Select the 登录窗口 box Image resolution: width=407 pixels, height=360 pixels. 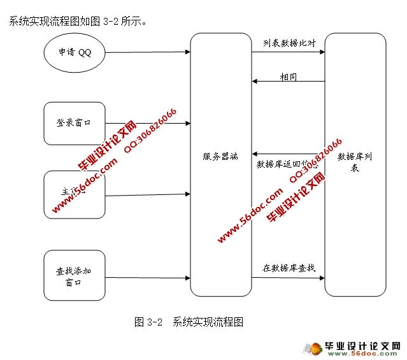pos(74,123)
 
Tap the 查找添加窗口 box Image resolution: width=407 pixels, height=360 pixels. pos(74,276)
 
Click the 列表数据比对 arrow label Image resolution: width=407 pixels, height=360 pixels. pos(289,43)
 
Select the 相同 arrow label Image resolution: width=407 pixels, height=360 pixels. pos(289,76)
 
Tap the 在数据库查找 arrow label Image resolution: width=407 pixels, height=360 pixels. pos(289,268)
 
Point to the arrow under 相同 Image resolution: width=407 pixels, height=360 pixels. pos(289,82)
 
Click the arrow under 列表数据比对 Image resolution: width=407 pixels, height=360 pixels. pos(289,52)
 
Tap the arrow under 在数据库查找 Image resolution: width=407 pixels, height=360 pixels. pos(289,277)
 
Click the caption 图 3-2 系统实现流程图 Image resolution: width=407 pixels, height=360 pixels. pos(189,322)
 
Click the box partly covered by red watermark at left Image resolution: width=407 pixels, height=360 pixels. pos(74,194)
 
